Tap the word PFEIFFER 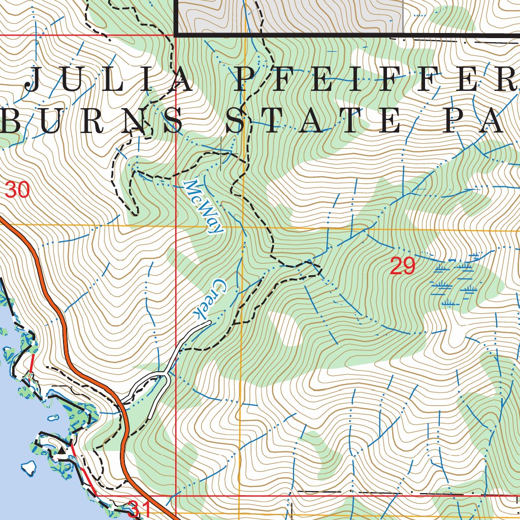371,80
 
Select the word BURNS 91,122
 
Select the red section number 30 17,190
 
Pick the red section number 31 139,508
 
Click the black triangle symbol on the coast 61,449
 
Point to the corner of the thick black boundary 176,35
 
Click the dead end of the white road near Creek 209,322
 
